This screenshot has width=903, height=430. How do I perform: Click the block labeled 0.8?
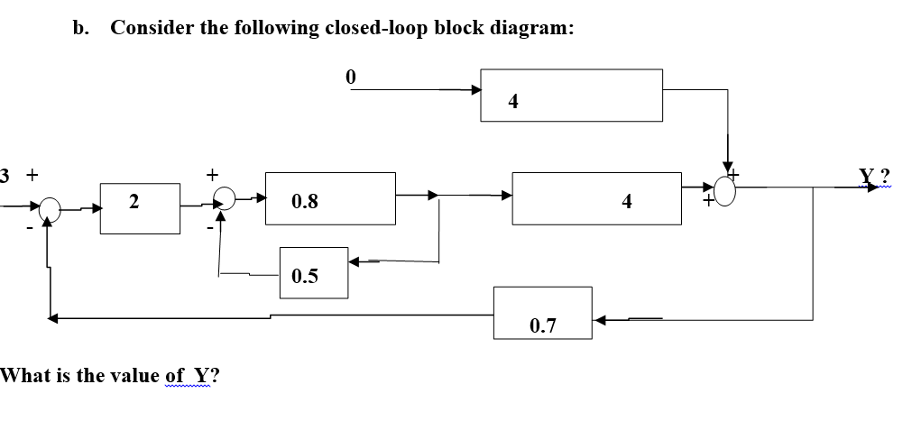point(330,198)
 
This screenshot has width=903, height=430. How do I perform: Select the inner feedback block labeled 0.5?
point(313,271)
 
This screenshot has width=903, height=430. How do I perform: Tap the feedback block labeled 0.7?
point(542,313)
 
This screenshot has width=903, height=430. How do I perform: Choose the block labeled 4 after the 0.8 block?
point(597,198)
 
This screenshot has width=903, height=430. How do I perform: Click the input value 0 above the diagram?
point(351,78)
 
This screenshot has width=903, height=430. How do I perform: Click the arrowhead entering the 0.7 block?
point(600,318)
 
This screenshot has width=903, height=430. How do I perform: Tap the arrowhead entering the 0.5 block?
point(356,262)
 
